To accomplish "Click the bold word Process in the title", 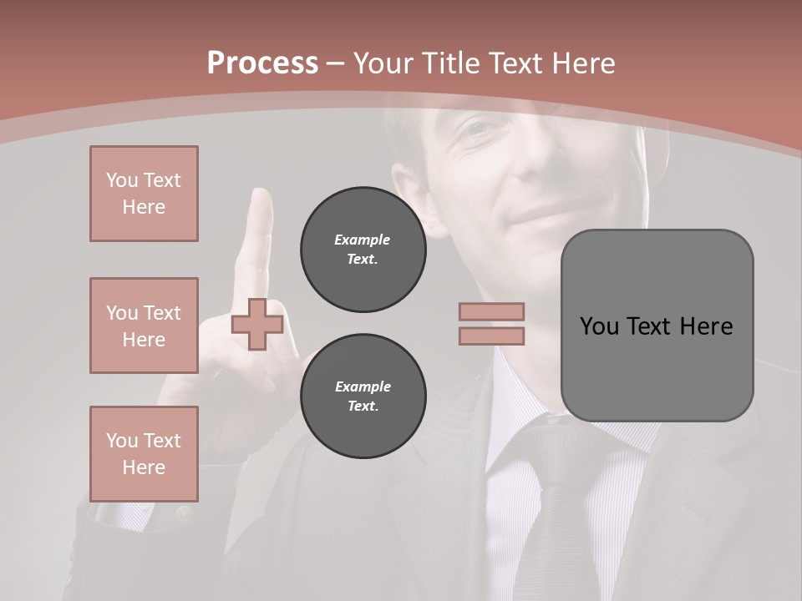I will coord(262,63).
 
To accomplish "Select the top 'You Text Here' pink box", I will coord(144,194).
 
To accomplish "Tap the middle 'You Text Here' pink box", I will coord(144,326).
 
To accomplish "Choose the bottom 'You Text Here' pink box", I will coord(144,453).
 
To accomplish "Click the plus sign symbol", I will coord(257,324).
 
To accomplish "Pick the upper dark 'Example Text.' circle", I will coord(363,250).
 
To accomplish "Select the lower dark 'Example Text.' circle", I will coord(363,396).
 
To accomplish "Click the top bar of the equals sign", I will coord(491,311).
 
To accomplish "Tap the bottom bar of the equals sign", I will coord(491,336).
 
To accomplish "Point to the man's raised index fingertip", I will coord(261,199).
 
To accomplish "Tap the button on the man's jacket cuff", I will coord(182,514).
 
